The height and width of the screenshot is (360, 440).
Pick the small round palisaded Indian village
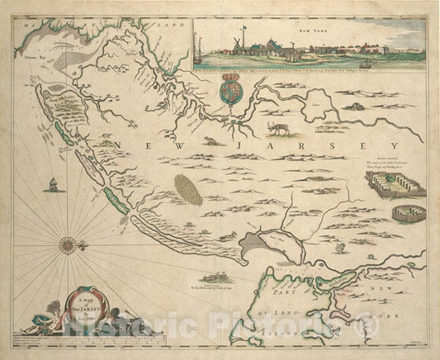[405, 214]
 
